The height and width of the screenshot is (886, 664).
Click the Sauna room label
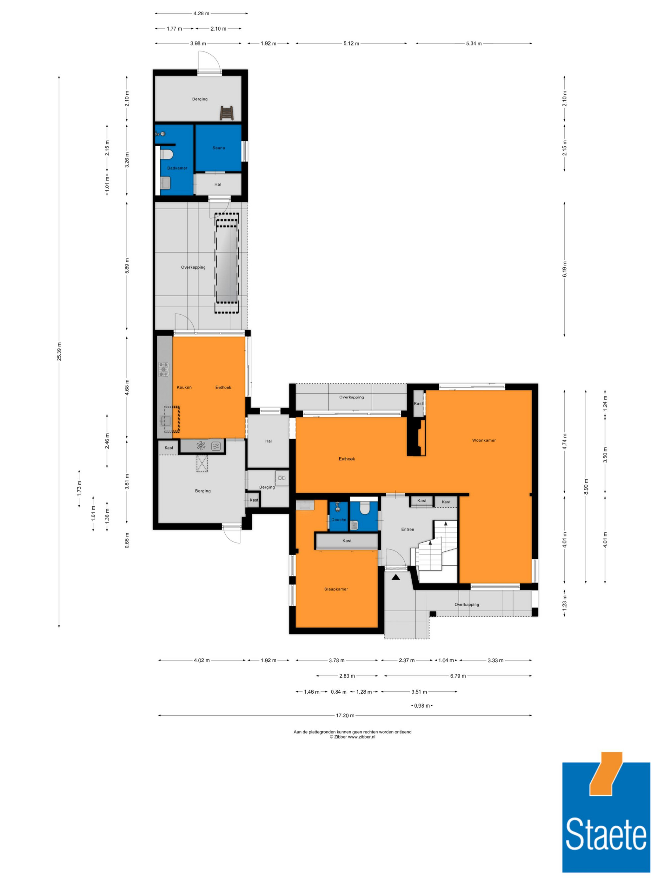coord(218,148)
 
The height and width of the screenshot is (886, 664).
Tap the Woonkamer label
coord(484,440)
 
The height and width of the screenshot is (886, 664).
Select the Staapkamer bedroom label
coord(336,589)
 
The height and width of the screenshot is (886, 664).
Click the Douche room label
coord(339,520)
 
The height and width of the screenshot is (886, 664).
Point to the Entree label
coord(407,529)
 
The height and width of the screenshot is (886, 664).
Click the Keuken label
coord(184,387)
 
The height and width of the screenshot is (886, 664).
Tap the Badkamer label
coord(177,168)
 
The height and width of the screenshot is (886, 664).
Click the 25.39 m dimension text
coord(59,351)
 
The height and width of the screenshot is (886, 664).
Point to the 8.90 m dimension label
coord(586,487)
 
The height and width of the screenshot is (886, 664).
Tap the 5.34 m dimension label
coord(473,43)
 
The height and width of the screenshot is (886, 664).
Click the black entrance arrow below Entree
coord(396,577)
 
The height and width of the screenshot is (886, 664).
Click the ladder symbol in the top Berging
coord(226,113)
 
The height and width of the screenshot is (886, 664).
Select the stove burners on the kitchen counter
coord(164,369)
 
